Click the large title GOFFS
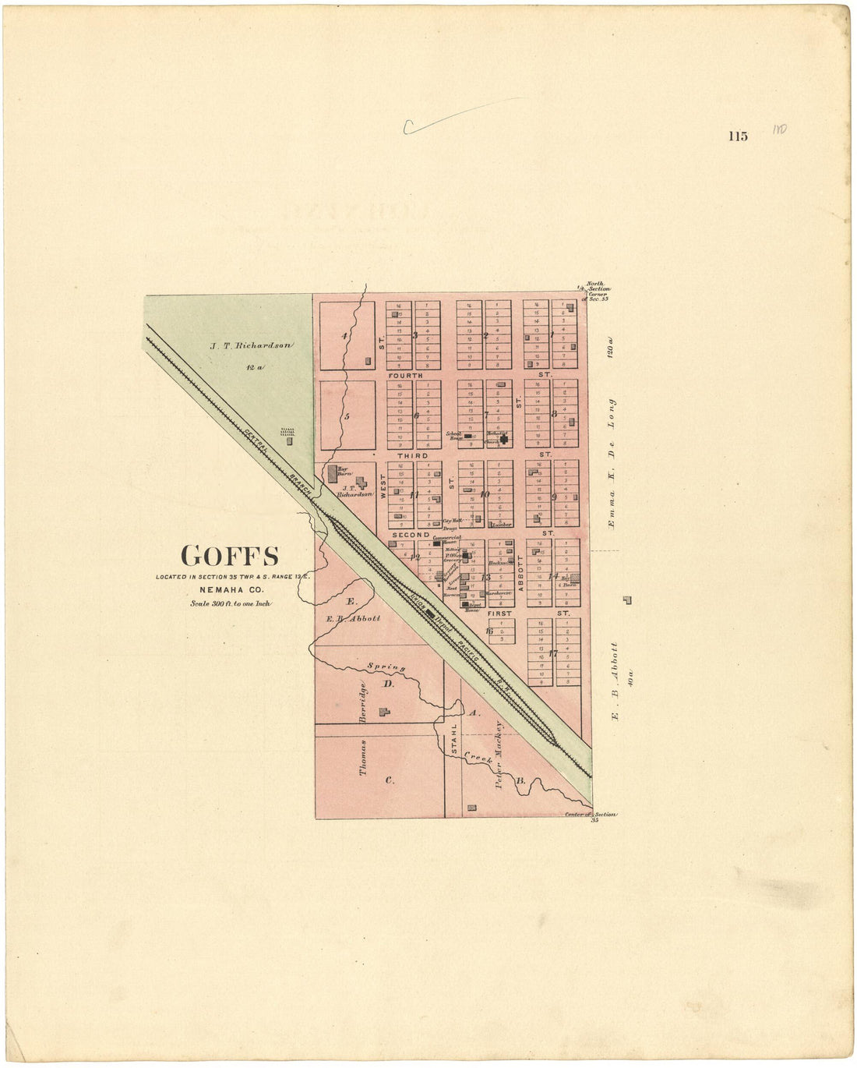pos(230,556)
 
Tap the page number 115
pos(738,136)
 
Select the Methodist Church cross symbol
pos(504,439)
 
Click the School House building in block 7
pos(467,437)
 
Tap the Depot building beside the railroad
pos(429,613)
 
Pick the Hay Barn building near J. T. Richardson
pos(333,472)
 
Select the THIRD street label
pos(413,455)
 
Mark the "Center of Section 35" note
pos(592,816)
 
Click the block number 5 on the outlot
pos(347,416)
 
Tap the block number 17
pos(552,653)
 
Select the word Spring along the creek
pos(386,667)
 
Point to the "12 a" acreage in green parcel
pos(251,366)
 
